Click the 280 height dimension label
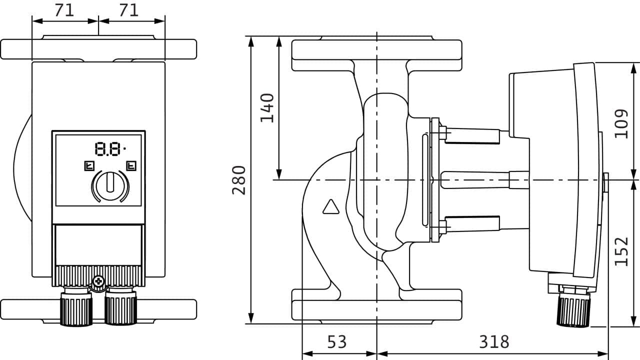[239, 179]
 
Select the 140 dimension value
[267, 107]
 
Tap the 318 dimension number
[494, 342]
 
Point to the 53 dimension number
[336, 342]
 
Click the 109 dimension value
[621, 123]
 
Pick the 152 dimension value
[621, 251]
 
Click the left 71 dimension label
[64, 10]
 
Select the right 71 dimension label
[128, 10]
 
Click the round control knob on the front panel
[110, 185]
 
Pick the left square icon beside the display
[89, 165]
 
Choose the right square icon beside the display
[131, 165]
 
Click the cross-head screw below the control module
[98, 282]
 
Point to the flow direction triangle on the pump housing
[330, 207]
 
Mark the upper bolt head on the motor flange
[442, 132]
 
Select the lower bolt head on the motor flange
[442, 227]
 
